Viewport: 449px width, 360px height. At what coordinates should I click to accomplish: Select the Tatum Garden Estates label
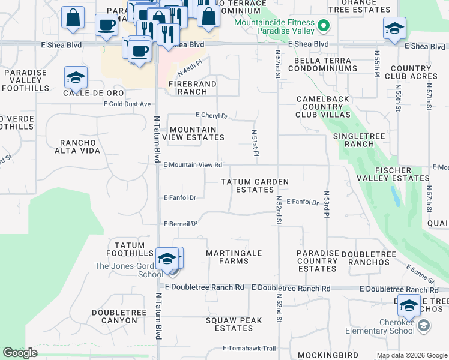tap(254, 185)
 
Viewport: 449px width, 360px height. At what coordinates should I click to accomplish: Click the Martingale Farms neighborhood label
tap(234, 257)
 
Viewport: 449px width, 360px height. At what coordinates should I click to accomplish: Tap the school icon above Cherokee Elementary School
tap(409, 306)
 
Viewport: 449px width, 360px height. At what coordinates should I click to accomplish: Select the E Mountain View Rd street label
tap(193, 164)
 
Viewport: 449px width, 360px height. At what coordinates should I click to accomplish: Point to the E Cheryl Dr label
tap(212, 115)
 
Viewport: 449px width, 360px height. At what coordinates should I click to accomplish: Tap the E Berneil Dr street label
tap(181, 224)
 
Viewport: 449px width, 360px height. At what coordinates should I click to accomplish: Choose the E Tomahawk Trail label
tap(249, 348)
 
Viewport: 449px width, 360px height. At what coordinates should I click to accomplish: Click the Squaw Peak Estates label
tap(234, 324)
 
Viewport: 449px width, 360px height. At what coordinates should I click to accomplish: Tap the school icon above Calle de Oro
tap(76, 77)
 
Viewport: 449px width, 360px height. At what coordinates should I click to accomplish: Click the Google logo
tap(20, 353)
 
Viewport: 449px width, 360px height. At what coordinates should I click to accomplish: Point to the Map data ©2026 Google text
tap(411, 355)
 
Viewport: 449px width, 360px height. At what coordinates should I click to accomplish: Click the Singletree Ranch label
tap(359, 140)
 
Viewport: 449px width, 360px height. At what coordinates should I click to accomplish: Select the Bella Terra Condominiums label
tap(322, 65)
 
